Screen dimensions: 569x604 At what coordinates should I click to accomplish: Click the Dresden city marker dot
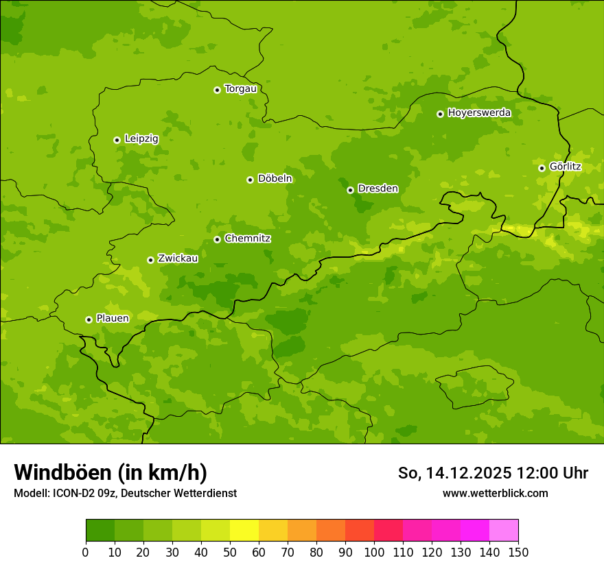[x=350, y=190]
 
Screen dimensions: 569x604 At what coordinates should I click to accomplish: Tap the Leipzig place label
[x=141, y=138]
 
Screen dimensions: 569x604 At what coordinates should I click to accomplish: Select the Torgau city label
[x=240, y=88]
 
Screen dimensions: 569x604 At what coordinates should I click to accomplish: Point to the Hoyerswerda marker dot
[x=440, y=114]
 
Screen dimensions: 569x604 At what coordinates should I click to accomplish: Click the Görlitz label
[x=565, y=166]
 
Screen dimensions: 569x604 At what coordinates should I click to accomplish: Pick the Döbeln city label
[x=275, y=178]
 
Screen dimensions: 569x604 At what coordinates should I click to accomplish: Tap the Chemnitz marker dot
[x=217, y=239]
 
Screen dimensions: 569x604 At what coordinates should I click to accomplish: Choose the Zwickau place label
[x=178, y=258]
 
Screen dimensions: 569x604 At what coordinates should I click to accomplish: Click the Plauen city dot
[x=89, y=319]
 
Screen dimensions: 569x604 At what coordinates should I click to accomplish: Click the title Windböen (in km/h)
[x=111, y=472]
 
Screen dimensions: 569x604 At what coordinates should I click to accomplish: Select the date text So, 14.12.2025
[x=454, y=473]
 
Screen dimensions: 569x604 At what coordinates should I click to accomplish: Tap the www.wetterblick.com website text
[x=495, y=493]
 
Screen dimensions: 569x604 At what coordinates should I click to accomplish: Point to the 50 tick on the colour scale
[x=230, y=552]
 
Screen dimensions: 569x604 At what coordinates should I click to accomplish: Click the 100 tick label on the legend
[x=374, y=552]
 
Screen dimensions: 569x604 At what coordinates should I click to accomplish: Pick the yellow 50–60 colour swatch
[x=244, y=530]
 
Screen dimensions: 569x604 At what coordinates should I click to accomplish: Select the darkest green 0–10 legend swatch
[x=100, y=530]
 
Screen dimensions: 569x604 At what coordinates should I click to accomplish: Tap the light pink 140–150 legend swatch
[x=504, y=530]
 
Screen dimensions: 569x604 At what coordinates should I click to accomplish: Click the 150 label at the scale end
[x=518, y=552]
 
